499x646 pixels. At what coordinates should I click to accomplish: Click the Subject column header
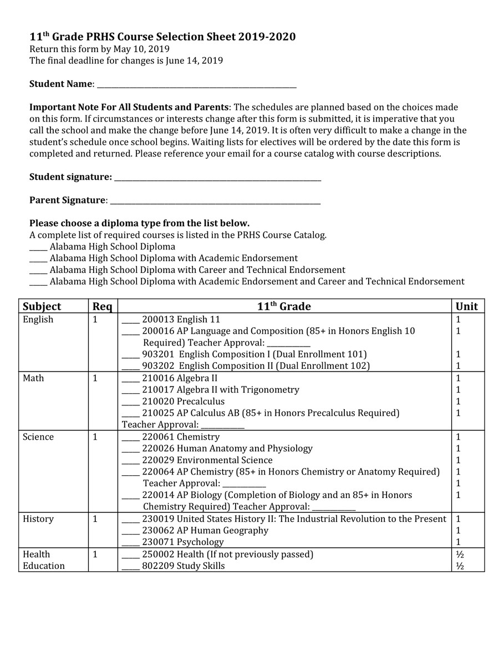(x=42, y=307)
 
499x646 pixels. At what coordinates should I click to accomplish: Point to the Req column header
(x=102, y=307)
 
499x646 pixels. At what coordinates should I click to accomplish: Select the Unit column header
(x=466, y=307)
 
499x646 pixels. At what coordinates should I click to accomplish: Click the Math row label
(x=33, y=378)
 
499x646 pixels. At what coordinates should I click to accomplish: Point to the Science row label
(x=38, y=437)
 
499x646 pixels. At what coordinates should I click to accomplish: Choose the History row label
(x=38, y=519)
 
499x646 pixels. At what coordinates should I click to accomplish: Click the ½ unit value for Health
(x=459, y=555)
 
